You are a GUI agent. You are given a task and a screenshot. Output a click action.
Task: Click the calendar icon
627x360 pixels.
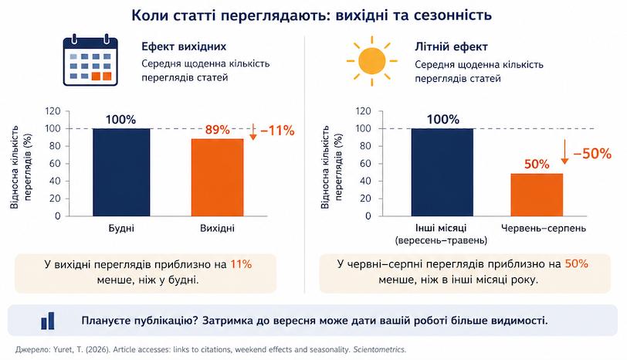90,60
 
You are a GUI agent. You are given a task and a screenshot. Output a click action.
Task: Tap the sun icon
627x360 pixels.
372,61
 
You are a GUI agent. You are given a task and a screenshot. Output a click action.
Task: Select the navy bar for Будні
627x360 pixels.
121,172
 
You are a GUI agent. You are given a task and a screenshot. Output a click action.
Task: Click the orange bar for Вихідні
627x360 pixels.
217,178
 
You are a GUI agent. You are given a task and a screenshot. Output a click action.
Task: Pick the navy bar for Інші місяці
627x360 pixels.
442,172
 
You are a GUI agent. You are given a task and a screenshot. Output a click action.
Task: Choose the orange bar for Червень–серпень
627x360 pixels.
537,195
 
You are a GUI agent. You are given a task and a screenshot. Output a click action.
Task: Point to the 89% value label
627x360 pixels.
218,130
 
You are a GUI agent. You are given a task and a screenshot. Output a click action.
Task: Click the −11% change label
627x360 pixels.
277,131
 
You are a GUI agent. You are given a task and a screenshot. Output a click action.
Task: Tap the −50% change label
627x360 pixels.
592,154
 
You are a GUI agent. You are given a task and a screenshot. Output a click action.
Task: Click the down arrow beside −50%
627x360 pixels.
564,152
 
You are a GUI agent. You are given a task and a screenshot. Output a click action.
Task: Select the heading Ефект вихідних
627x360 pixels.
184,46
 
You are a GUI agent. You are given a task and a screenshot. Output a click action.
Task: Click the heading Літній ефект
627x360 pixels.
451,47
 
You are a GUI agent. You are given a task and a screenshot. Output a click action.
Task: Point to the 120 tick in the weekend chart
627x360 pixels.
53,110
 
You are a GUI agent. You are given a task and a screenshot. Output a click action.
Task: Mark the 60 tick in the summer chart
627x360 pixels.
365,163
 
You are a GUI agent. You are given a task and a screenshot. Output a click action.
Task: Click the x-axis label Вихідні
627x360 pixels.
217,229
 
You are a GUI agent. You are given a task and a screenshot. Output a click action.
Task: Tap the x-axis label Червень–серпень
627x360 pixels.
544,228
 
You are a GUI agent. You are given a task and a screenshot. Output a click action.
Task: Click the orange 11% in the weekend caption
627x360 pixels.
241,264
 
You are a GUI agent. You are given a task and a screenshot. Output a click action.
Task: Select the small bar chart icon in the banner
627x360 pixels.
48,321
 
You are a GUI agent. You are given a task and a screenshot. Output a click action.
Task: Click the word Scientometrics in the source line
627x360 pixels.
379,350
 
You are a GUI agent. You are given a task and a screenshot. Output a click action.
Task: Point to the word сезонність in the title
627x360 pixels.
452,15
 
